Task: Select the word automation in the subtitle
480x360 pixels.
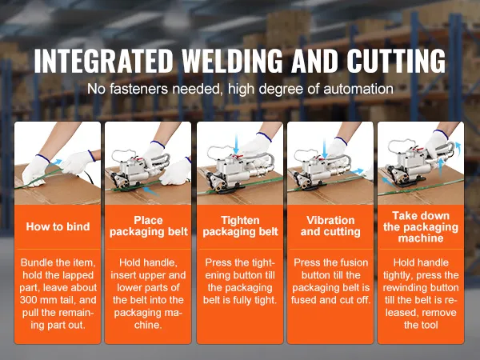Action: pyautogui.click(x=358, y=89)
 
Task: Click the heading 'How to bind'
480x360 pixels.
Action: pyautogui.click(x=58, y=226)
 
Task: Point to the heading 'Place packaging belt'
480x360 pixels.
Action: pyautogui.click(x=149, y=226)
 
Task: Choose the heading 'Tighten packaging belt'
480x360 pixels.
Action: pyautogui.click(x=240, y=226)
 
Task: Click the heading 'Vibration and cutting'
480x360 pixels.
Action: pyautogui.click(x=330, y=226)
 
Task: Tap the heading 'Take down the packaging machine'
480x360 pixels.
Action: pyautogui.click(x=421, y=227)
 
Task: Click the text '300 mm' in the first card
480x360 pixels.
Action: pyautogui.click(x=38, y=300)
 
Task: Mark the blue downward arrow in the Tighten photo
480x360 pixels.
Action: pyautogui.click(x=236, y=144)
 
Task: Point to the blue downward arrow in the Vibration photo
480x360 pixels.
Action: pyautogui.click(x=325, y=149)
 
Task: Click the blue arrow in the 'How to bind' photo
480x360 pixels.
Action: pyautogui.click(x=55, y=162)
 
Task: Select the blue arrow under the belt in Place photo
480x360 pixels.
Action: pyautogui.click(x=150, y=191)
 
